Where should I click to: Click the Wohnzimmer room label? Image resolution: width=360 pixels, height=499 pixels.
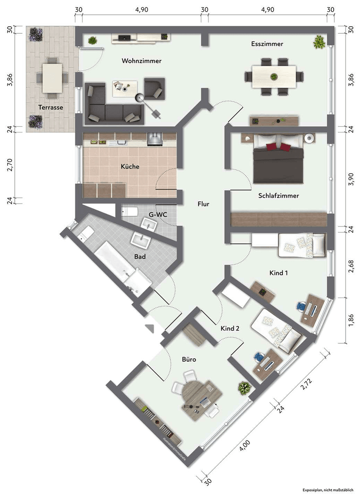[x=141, y=61]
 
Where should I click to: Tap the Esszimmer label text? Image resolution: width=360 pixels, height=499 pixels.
[x=267, y=44]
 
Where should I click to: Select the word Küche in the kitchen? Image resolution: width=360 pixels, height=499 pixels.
[x=130, y=166]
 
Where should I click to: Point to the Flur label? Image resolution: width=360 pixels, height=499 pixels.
[x=204, y=203]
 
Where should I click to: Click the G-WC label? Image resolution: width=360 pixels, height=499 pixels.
[x=159, y=215]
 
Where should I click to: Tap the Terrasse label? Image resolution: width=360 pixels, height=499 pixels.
[x=50, y=107]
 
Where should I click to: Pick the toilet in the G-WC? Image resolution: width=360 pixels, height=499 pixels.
[x=129, y=212]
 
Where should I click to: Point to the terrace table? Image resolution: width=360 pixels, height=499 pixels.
[x=52, y=78]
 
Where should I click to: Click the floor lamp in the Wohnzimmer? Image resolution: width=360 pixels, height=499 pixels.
[x=139, y=97]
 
